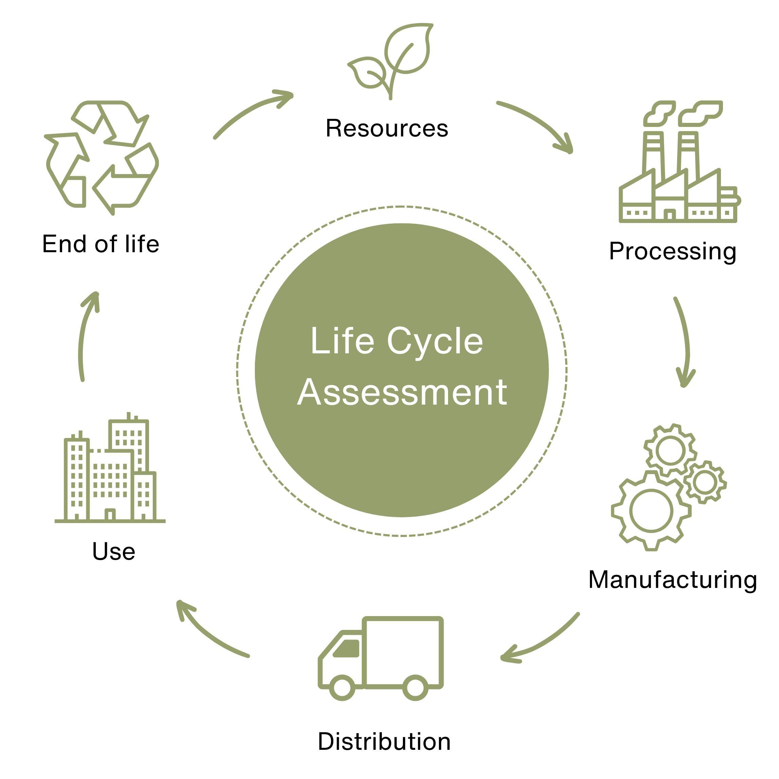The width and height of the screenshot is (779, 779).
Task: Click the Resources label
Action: tap(387, 128)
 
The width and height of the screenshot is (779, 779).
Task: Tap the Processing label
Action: tap(672, 251)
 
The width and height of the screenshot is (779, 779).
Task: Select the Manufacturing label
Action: tap(672, 580)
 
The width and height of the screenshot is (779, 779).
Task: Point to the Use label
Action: tap(113, 551)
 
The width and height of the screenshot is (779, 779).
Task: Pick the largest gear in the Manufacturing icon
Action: tap(651, 511)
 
